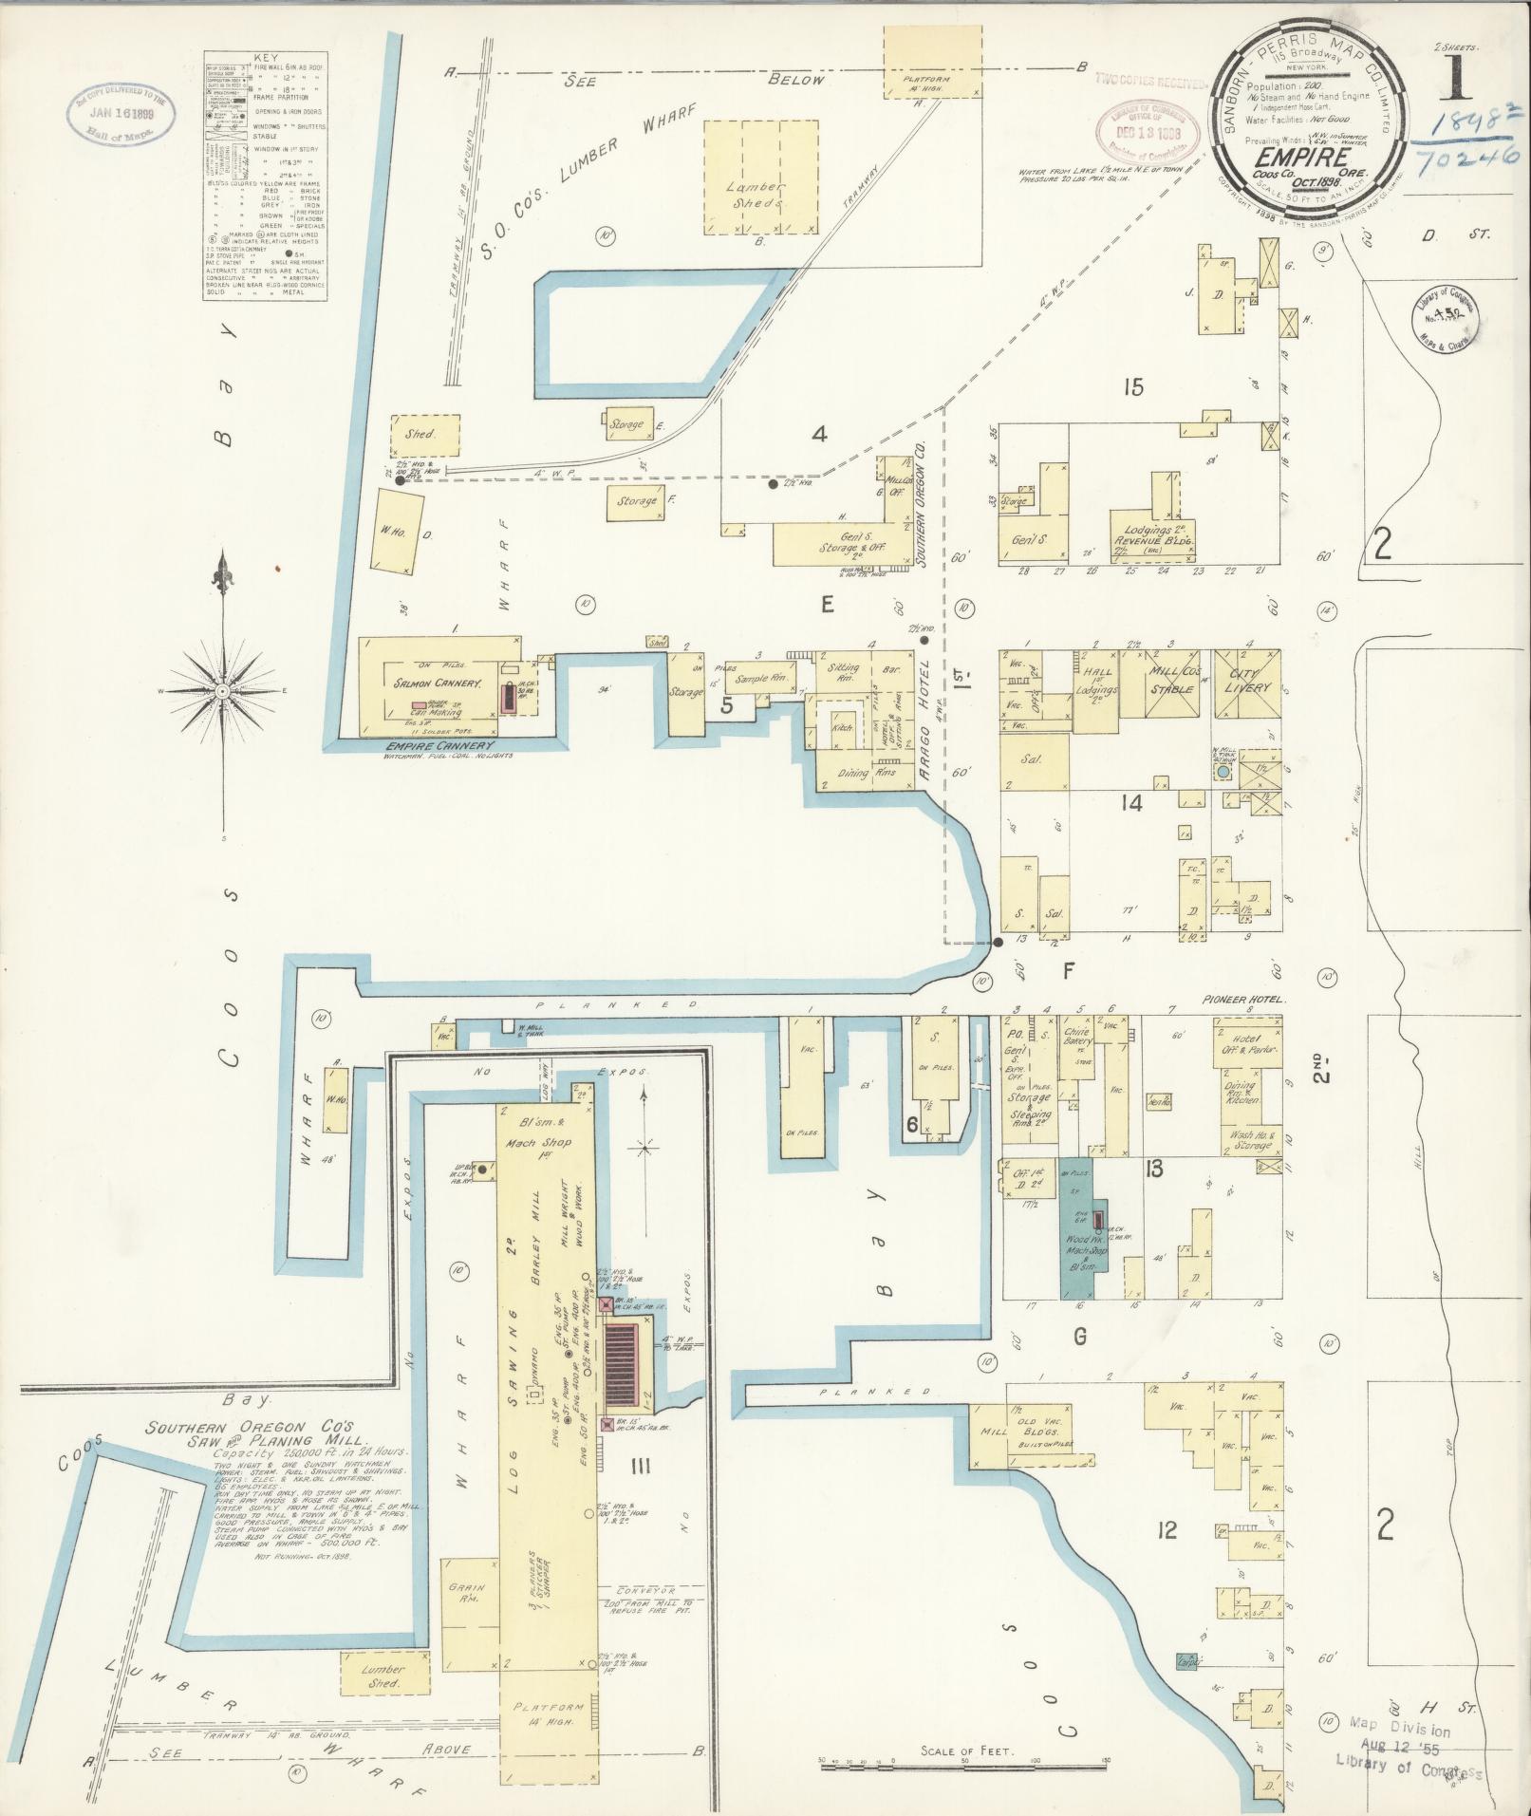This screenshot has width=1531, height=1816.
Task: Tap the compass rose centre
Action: [222, 692]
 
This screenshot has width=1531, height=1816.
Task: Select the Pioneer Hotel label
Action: [1243, 1001]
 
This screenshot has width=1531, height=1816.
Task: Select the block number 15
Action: [1133, 386]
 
